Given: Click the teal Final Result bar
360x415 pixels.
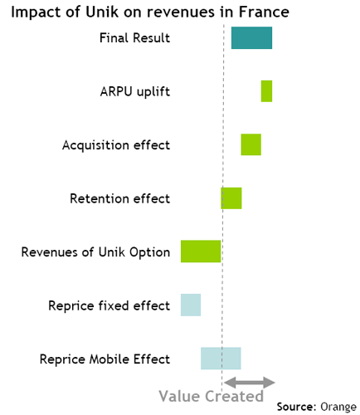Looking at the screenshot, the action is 251,38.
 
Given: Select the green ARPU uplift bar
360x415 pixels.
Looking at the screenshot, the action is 266,91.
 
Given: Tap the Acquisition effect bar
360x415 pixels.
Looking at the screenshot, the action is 251,144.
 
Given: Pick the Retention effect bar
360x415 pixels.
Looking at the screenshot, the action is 231,198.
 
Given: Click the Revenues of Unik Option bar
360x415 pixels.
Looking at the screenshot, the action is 201,251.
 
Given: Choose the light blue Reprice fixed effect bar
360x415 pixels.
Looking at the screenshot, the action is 191,305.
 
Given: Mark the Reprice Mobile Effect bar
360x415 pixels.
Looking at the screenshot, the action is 221,359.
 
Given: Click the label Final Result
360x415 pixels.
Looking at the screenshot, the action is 134,38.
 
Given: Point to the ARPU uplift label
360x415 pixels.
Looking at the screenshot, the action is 135,91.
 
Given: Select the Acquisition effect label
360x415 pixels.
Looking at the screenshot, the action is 116,145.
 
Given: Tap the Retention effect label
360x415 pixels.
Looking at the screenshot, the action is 120,198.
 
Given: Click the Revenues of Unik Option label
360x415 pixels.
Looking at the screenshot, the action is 95,252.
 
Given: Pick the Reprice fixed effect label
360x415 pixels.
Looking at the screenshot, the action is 109,305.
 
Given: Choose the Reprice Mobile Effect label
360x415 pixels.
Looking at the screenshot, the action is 105,359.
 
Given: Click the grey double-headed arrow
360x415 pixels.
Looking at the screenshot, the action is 250,383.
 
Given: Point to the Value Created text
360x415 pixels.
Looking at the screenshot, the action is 212,396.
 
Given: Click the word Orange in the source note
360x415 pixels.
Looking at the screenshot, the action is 338,408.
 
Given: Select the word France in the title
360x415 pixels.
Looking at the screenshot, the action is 264,12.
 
